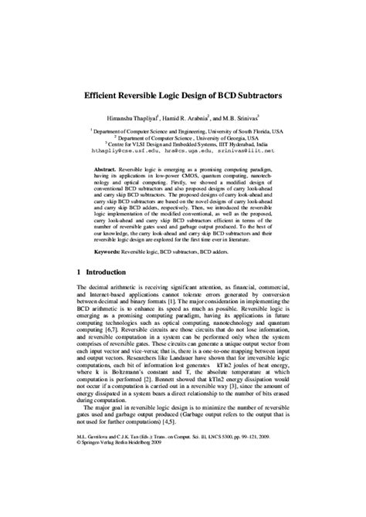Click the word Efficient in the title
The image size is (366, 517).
(x=107, y=100)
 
